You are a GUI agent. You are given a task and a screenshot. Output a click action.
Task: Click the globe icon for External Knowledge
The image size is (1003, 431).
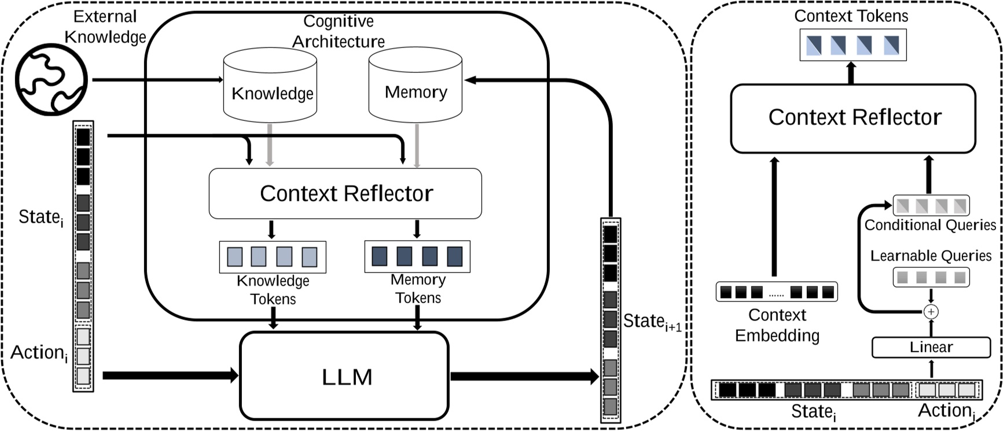coord(51,81)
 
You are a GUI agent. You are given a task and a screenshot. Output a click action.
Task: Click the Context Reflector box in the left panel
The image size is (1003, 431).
coord(345,193)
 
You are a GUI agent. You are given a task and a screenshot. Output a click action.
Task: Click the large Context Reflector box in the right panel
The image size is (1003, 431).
coord(853,118)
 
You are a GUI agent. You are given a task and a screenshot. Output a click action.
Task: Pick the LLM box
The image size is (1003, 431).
coord(344,375)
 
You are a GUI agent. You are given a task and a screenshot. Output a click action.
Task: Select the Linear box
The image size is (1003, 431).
coord(931,347)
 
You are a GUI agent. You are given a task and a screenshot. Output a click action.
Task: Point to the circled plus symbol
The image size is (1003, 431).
coord(931,312)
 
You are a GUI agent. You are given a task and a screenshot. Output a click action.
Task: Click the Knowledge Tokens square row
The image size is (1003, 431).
coord(272,257)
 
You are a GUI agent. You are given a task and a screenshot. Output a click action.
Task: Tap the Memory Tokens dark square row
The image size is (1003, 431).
coord(417,256)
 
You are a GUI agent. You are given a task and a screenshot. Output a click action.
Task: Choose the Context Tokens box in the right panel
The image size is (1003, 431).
coord(853,45)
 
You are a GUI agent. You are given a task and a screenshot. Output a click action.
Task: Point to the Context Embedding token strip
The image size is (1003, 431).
coord(776,292)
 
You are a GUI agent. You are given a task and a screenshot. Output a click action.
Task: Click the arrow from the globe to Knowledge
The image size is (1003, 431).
coord(156,80)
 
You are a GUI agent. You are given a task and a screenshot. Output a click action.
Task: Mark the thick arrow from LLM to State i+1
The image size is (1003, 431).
coord(524,377)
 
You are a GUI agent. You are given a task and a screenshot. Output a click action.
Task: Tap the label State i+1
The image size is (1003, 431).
coord(651,322)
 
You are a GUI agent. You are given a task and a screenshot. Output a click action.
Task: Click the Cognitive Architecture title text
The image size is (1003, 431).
coord(338,31)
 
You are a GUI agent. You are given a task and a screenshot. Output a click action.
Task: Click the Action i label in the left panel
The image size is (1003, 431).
coord(38,353)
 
